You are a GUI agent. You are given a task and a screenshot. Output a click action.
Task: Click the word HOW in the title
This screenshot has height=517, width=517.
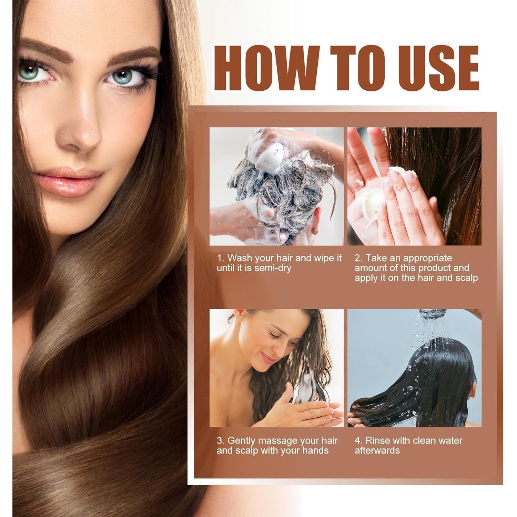click(266, 68)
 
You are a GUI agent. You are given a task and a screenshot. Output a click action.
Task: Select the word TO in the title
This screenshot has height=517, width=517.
click(355, 68)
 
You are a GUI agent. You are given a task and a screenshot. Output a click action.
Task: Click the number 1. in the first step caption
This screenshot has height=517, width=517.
click(221, 258)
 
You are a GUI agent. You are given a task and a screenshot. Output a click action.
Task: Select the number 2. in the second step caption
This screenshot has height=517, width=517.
click(359, 258)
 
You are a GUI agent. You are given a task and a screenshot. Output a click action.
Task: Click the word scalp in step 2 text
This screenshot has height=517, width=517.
click(466, 278)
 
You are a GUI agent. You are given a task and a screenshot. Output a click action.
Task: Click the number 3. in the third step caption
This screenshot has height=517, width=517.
click(221, 440)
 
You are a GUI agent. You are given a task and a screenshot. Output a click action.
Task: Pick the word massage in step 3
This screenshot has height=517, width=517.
click(277, 441)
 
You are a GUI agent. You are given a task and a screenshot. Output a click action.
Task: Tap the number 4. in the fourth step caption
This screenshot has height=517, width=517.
click(359, 440)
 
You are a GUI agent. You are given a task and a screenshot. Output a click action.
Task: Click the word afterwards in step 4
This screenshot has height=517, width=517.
click(377, 450)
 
